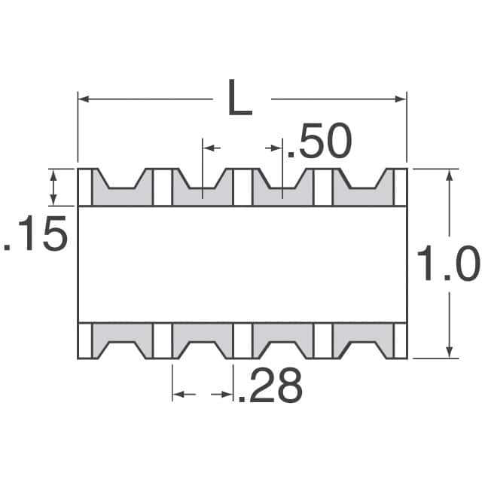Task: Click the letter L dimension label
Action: pyautogui.click(x=239, y=100)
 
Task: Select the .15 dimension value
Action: pyautogui.click(x=36, y=236)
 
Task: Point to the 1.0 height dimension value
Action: pyautogui.click(x=447, y=265)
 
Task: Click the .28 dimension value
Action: pyautogui.click(x=270, y=386)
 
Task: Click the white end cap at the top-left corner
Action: pyautogui.click(x=84, y=187)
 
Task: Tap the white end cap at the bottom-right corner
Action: pyautogui.click(x=401, y=340)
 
